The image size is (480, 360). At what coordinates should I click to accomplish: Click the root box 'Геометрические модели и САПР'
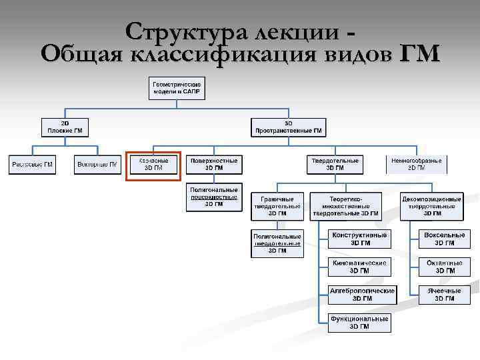coord(177,88)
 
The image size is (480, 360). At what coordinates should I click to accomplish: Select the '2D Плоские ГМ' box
coord(65,127)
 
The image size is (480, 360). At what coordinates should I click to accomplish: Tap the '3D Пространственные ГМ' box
coord(288,127)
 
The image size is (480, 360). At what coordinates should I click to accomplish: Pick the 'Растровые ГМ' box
coord(31,164)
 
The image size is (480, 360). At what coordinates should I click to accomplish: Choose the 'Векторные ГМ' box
coord(97,164)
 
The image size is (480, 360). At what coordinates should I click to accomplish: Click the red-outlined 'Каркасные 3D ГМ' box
coord(153,165)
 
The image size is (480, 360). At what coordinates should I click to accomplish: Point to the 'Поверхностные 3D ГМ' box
coord(213,165)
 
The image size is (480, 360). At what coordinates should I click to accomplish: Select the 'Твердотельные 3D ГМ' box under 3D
coord(335,165)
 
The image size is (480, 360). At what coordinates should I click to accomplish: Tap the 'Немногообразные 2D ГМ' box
coord(416,165)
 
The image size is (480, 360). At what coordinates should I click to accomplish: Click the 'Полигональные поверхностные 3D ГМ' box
coord(213,197)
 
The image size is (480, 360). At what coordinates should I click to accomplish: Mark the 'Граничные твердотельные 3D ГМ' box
coord(277,207)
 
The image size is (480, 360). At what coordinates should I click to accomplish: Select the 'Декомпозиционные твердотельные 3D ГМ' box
coord(431,207)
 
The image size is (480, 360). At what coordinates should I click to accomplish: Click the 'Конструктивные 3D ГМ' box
coord(359,239)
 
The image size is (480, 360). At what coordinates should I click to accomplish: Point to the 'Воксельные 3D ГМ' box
coord(445,239)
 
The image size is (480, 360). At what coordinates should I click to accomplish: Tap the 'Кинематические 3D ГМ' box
coord(359,267)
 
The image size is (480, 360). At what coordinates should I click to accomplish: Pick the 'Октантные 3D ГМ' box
coord(445,267)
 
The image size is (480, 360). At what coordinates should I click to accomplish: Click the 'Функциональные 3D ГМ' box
coord(359,323)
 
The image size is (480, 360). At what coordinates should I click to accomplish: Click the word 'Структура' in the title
coord(178,31)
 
